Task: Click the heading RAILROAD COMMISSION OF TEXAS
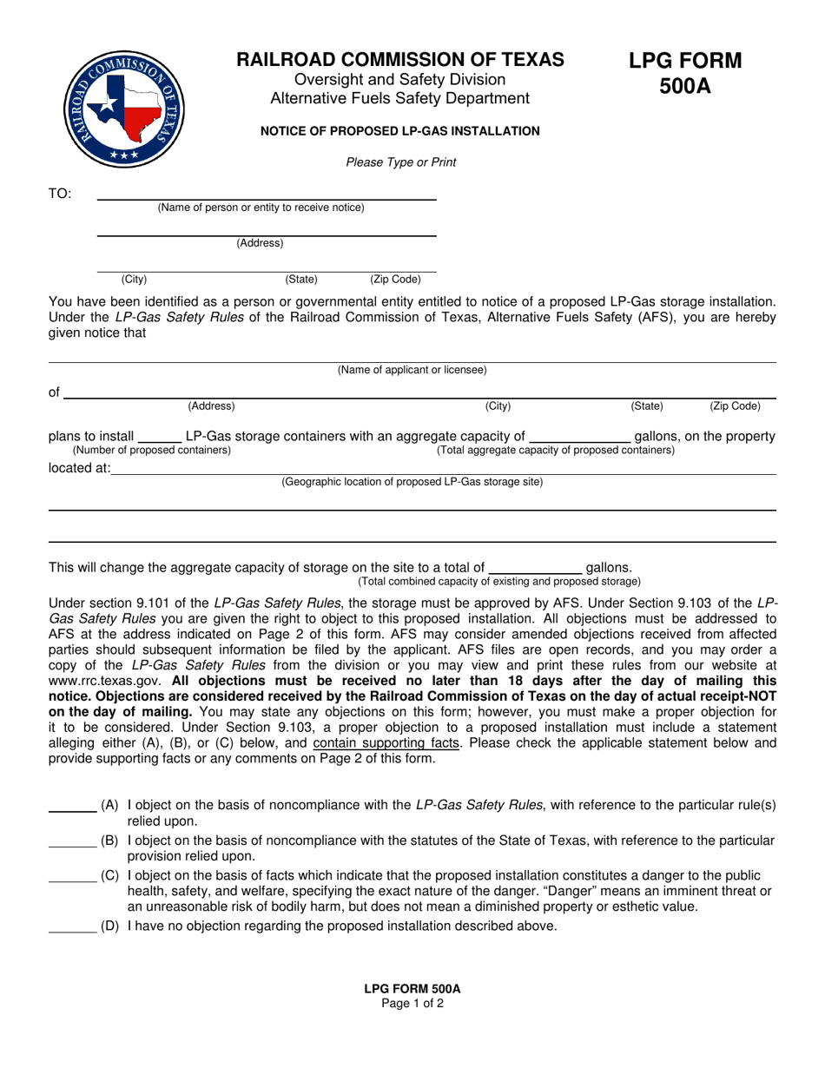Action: pyautogui.click(x=400, y=60)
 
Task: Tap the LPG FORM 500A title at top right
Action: pyautogui.click(x=685, y=73)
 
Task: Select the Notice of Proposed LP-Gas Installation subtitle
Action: pyautogui.click(x=400, y=131)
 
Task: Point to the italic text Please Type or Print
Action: pyautogui.click(x=400, y=162)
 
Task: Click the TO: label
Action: pyautogui.click(x=60, y=194)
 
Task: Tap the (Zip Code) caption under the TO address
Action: pyautogui.click(x=395, y=280)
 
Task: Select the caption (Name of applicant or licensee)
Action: pyautogui.click(x=412, y=370)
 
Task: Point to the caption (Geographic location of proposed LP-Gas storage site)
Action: pyautogui.click(x=412, y=482)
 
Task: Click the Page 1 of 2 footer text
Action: pyautogui.click(x=412, y=1004)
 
